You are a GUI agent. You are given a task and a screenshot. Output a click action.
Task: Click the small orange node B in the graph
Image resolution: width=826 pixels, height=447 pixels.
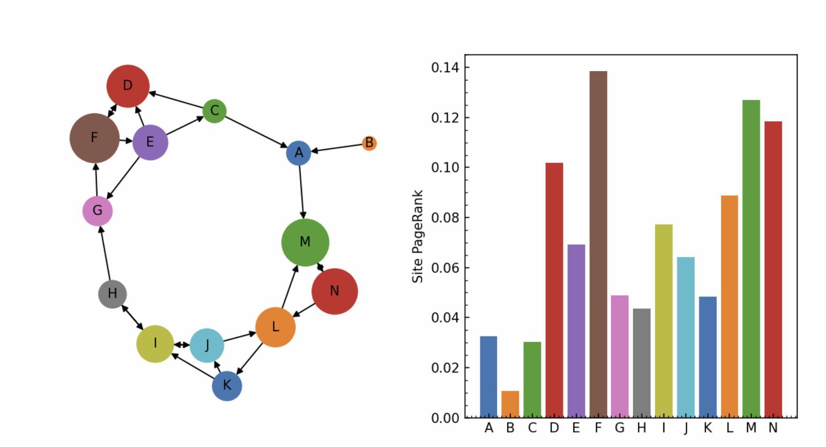tap(369, 143)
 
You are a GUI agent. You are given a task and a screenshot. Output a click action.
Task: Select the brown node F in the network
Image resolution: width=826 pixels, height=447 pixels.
tap(94, 138)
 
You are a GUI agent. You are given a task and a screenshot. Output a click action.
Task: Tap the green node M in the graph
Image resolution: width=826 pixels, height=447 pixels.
tap(305, 242)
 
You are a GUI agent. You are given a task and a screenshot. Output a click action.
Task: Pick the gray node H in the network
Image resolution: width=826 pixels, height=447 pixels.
tap(113, 294)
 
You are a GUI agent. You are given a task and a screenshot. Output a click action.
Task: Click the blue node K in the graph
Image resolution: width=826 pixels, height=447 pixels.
tap(227, 386)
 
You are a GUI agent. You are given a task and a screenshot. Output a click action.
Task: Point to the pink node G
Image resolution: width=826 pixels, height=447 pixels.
tap(98, 211)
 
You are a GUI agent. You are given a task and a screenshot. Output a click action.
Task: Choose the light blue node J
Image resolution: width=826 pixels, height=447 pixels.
tap(207, 345)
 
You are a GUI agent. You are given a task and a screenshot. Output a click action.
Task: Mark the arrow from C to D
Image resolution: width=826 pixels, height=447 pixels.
tap(176, 101)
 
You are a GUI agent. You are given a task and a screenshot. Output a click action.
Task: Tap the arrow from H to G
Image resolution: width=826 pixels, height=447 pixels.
tap(105, 253)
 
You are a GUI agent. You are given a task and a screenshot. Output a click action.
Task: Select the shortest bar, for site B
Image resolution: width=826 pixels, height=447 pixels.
tap(510, 404)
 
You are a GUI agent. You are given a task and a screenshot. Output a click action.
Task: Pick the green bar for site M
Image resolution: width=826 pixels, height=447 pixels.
tap(751, 258)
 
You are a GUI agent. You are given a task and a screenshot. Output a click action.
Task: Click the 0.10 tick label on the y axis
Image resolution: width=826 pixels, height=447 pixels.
tap(445, 167)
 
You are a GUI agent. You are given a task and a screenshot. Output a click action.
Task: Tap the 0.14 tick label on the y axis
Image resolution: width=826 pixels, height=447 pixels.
tap(445, 67)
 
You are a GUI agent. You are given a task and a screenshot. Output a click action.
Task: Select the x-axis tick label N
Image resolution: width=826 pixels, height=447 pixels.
tap(773, 428)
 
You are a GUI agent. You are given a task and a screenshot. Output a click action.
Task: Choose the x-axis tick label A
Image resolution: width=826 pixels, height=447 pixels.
tap(488, 428)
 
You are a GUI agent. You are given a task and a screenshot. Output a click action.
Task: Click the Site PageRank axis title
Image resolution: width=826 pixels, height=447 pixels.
tap(418, 236)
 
